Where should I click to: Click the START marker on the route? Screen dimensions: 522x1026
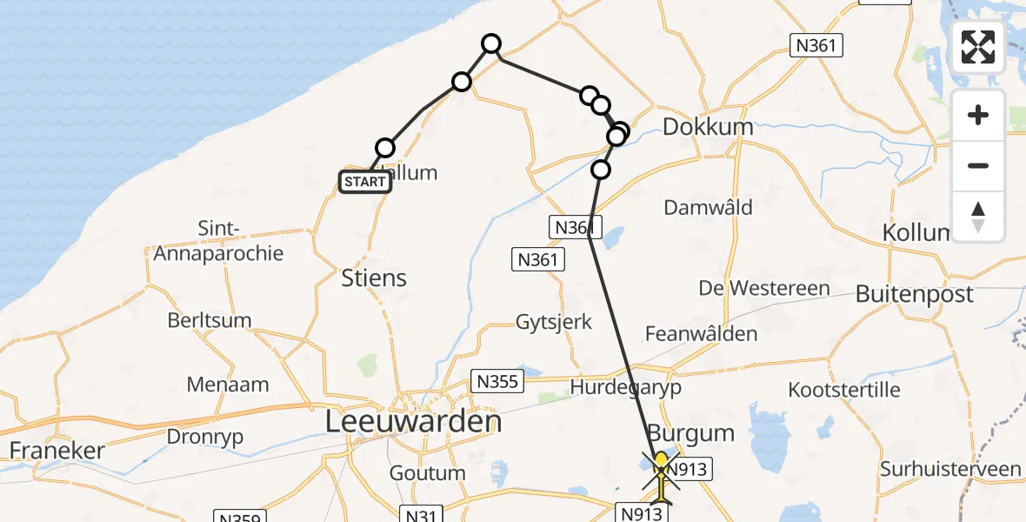pyautogui.click(x=364, y=181)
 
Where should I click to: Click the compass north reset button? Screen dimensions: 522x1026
pyautogui.click(x=978, y=217)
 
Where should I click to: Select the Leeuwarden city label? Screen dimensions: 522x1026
pyautogui.click(x=413, y=423)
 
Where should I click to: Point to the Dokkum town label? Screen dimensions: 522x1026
pyautogui.click(x=708, y=127)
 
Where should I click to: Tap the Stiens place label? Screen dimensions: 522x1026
pyautogui.click(x=375, y=278)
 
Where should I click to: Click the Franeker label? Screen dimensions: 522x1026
pyautogui.click(x=57, y=451)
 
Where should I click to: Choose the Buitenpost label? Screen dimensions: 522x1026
pyautogui.click(x=915, y=294)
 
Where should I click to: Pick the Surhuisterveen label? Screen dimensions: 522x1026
pyautogui.click(x=950, y=470)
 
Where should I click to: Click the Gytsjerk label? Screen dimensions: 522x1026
pyautogui.click(x=554, y=322)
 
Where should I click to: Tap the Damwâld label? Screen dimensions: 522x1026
pyautogui.click(x=708, y=208)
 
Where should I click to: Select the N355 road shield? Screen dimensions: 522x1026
pyautogui.click(x=496, y=380)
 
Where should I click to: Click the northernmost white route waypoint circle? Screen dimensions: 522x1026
pyautogui.click(x=491, y=43)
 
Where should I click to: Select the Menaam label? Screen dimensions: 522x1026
pyautogui.click(x=227, y=385)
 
